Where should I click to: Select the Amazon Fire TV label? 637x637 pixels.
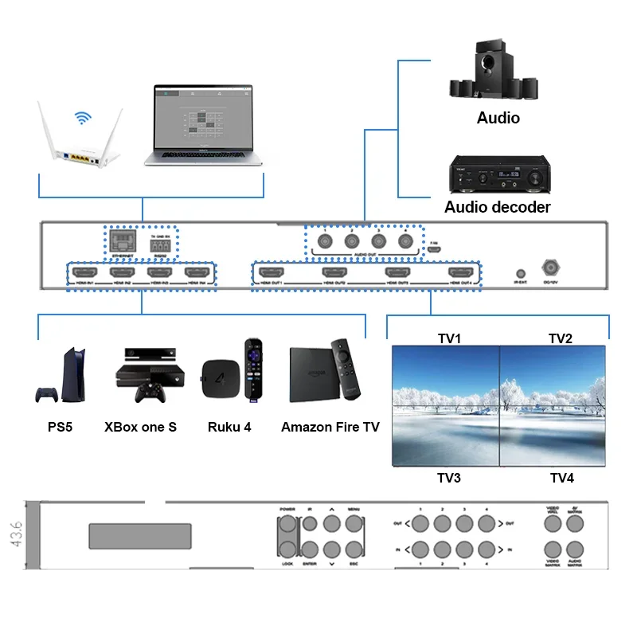pos(330,427)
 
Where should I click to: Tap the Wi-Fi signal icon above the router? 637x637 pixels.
pos(82,119)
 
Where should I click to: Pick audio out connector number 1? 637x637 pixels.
pos(325,241)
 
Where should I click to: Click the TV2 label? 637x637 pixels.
pos(561,338)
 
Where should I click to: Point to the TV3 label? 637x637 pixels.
pos(449,478)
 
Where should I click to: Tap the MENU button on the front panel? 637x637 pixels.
pos(354,524)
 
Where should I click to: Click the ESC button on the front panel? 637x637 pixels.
pos(354,549)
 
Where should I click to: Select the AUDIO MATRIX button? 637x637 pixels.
pos(576,549)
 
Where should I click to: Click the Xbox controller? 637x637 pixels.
pos(149,393)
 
